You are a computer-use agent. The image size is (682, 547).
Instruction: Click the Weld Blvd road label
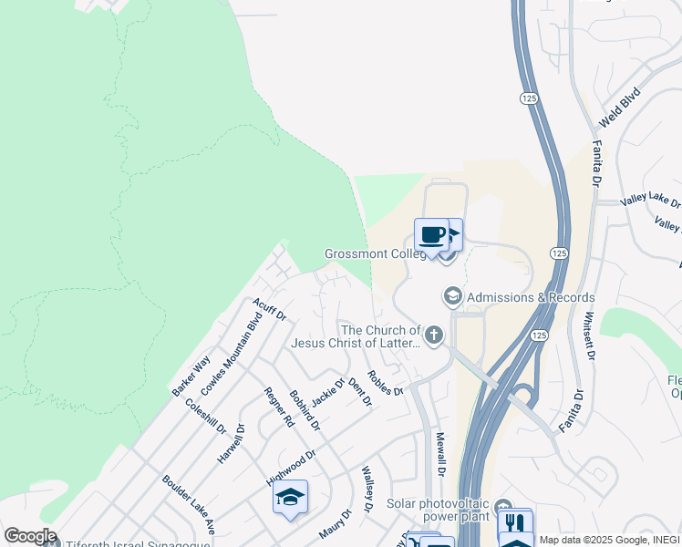tap(619, 108)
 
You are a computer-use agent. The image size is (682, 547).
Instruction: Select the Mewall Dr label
tap(439, 454)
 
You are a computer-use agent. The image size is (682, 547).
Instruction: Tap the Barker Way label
tap(191, 376)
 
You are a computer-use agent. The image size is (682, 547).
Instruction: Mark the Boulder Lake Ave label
tap(189, 504)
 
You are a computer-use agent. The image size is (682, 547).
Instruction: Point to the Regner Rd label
tap(279, 408)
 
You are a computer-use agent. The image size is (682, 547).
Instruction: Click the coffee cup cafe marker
tap(432, 236)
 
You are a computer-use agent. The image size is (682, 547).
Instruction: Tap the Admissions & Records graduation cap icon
tap(452, 296)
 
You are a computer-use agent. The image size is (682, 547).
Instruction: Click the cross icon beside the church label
tap(434, 336)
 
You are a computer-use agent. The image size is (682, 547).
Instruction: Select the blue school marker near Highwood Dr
tap(290, 497)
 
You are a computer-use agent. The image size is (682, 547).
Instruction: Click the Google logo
tap(30, 536)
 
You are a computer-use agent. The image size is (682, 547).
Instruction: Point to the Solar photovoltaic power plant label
tap(439, 511)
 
